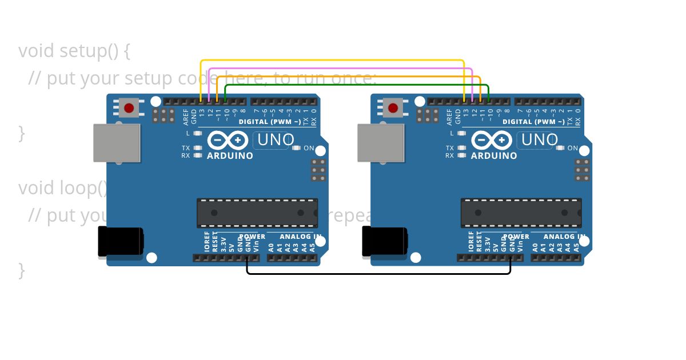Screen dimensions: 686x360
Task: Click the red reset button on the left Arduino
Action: click(x=129, y=107)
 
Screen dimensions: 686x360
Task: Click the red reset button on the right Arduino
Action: click(x=393, y=107)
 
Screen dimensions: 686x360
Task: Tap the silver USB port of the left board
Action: click(x=117, y=143)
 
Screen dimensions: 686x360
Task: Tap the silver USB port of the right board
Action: click(x=381, y=143)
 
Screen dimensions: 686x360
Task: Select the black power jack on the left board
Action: click(x=120, y=241)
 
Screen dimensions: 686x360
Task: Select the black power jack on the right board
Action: click(x=384, y=241)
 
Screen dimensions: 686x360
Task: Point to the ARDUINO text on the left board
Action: click(x=230, y=156)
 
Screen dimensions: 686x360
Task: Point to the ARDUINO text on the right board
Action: click(x=494, y=156)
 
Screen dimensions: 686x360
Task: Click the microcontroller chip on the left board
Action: click(x=257, y=213)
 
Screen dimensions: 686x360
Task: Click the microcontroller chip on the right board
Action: click(x=521, y=213)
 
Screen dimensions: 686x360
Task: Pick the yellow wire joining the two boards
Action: click(x=332, y=60)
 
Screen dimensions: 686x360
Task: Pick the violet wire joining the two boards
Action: click(x=341, y=68)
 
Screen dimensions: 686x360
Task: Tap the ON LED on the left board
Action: click(x=296, y=148)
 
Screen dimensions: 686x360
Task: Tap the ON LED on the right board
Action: click(x=560, y=148)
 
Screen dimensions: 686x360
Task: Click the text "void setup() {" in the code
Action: click(x=74, y=51)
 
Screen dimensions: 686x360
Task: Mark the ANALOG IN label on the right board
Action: click(x=564, y=237)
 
